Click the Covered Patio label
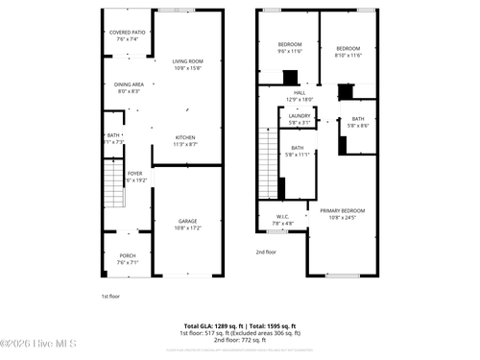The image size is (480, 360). pos(128,36)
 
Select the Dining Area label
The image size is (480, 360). pos(129,87)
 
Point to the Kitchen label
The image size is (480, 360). pos(185,140)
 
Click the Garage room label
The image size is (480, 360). pos(187,224)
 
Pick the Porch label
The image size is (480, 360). pos(128,258)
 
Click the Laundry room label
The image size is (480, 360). pos(300,119)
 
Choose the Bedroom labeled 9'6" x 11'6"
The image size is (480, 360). pos(290,48)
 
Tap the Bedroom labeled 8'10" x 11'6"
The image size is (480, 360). pos(348,52)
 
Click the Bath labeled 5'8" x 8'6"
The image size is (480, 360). pos(357,122)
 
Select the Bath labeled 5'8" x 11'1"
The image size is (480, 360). pos(298,151)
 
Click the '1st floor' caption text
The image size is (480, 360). pos(111,297)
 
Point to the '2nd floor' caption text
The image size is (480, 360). pos(266,252)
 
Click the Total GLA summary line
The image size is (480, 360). pos(240,325)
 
